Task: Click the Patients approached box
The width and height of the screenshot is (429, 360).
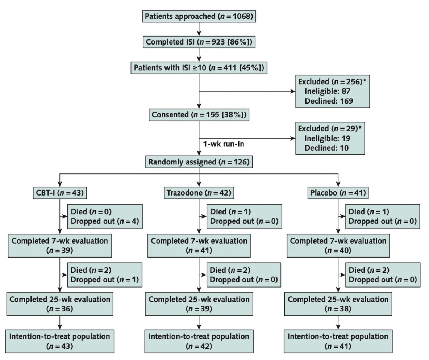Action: click(x=199, y=16)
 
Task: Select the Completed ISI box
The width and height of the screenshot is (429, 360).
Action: click(x=199, y=42)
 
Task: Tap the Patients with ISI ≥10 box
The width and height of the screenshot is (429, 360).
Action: click(x=199, y=68)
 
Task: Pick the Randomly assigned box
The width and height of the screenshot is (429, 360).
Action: click(x=199, y=162)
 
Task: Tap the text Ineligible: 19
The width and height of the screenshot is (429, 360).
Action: click(x=327, y=138)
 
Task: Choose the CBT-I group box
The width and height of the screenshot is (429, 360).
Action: click(x=59, y=193)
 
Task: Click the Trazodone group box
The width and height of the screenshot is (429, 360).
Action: click(x=198, y=193)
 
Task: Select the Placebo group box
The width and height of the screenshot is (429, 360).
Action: click(x=338, y=193)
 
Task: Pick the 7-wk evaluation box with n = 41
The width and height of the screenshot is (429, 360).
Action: click(x=199, y=245)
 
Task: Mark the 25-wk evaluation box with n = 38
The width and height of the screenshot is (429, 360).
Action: click(x=338, y=304)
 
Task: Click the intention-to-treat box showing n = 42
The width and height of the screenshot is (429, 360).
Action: click(x=199, y=341)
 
